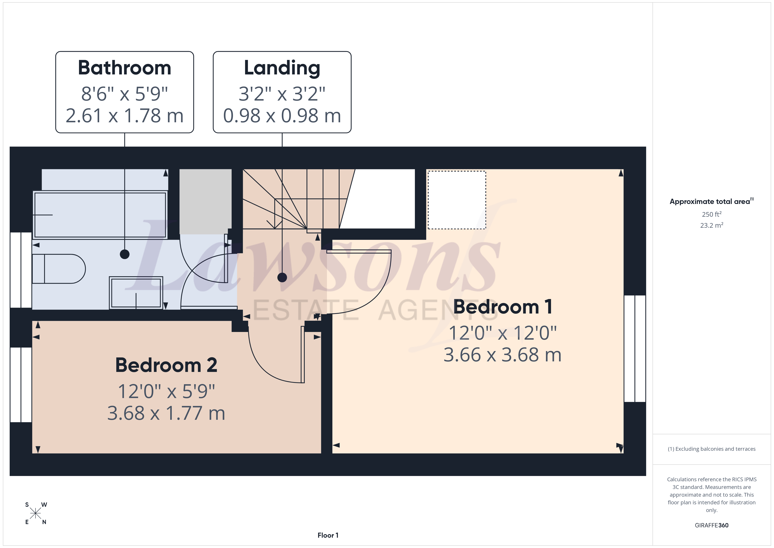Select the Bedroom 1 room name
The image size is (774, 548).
502,307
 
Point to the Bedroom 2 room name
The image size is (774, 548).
166,365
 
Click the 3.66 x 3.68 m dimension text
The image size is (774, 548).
502,355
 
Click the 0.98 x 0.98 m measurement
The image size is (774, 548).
282,116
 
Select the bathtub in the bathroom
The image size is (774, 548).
100,215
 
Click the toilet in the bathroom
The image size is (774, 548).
59,269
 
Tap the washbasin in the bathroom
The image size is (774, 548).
136,293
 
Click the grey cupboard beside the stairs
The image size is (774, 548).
205,202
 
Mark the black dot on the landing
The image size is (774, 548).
282,277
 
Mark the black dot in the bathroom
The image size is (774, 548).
125,254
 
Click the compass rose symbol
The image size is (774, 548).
35,513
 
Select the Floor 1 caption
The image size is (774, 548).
328,535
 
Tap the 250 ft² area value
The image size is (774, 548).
712,214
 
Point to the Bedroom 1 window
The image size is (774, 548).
635,349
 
